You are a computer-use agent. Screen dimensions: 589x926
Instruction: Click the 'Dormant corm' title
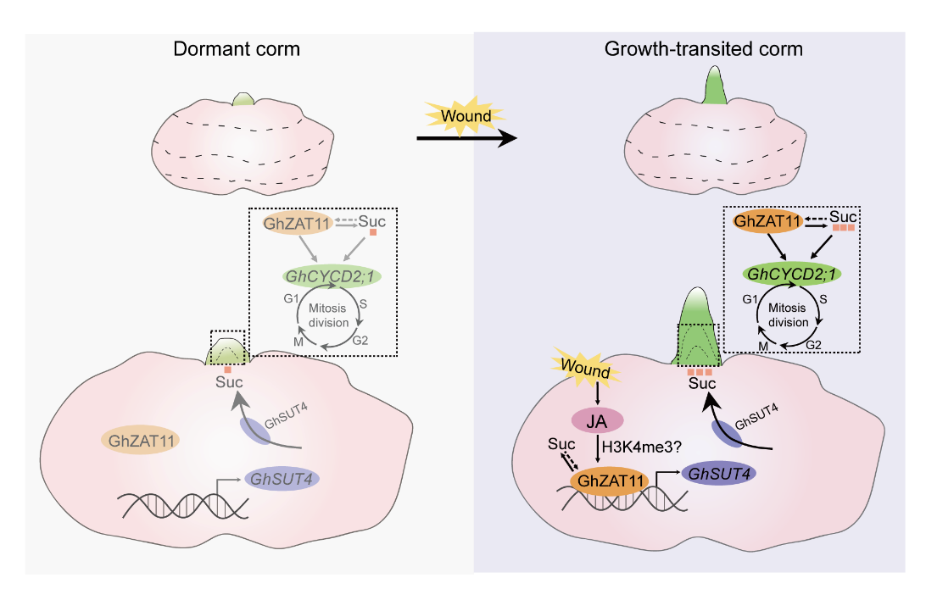(x=236, y=48)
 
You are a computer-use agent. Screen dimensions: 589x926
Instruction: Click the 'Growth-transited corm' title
(x=703, y=48)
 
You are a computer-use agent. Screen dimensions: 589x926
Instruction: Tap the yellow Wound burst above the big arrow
(x=463, y=115)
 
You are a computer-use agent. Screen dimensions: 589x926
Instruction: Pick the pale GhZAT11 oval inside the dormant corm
(x=140, y=440)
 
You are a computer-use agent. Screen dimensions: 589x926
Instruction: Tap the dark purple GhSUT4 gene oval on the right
(x=717, y=475)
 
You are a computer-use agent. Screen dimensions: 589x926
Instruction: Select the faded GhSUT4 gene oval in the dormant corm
(x=281, y=479)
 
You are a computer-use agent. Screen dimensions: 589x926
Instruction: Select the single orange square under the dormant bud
(x=227, y=370)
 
